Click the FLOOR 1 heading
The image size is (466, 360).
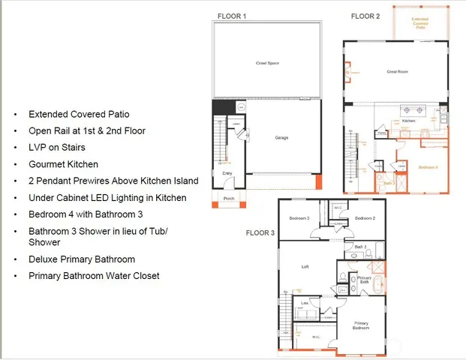[231, 16]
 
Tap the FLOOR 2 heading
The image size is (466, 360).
[365, 16]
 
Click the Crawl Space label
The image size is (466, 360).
[267, 63]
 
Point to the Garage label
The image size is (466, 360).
[281, 137]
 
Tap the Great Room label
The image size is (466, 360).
[397, 72]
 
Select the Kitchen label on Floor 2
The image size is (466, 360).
[409, 121]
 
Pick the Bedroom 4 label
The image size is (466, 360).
[428, 166]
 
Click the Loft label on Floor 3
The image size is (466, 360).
[305, 266]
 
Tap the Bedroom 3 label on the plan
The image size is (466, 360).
[299, 218]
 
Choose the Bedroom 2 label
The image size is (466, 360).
[365, 218]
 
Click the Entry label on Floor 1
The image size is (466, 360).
[227, 172]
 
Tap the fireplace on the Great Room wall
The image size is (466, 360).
[347, 72]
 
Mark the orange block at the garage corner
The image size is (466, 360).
[318, 182]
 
